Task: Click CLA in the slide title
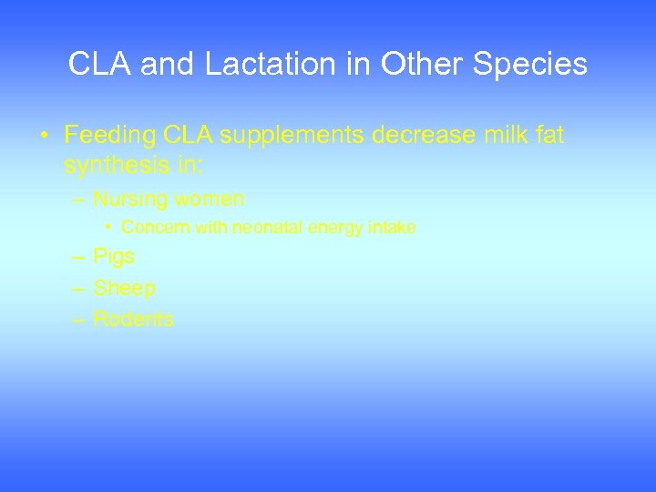point(97,65)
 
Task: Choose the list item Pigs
point(114,257)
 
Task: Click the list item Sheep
point(124,288)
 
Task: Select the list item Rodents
point(133,319)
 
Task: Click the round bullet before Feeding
point(44,137)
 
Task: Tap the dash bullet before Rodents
point(78,319)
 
